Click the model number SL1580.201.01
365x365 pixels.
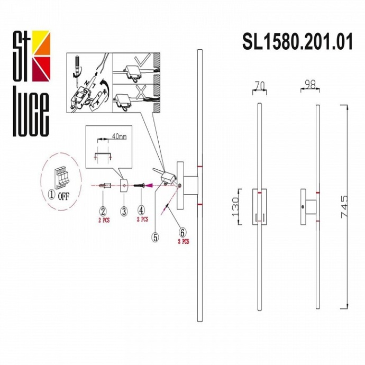tap(297, 41)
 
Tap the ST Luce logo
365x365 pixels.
tap(31, 83)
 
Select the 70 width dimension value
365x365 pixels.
tap(259, 84)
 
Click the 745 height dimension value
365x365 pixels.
tap(344, 207)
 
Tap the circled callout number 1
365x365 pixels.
tap(51, 194)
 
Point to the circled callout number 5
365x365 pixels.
tap(155, 238)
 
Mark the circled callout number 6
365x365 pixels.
tap(182, 232)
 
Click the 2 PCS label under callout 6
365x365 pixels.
tap(183, 241)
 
